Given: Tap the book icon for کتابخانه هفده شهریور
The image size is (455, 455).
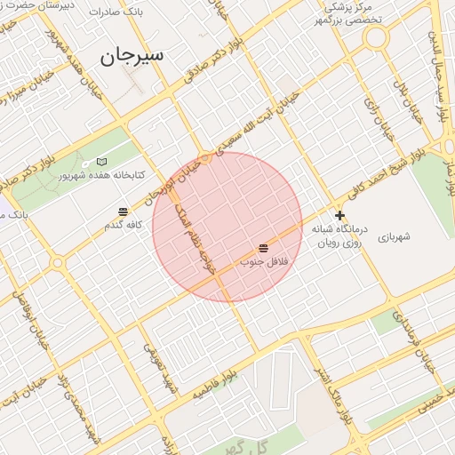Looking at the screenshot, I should pyautogui.click(x=101, y=162).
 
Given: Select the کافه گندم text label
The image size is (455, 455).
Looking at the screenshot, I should pyautogui.click(x=124, y=226).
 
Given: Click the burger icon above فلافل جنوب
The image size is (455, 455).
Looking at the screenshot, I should pyautogui.click(x=264, y=248).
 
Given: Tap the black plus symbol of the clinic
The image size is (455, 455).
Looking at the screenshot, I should pyautogui.click(x=339, y=215).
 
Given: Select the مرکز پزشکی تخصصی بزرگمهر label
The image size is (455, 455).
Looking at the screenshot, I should pyautogui.click(x=352, y=13).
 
